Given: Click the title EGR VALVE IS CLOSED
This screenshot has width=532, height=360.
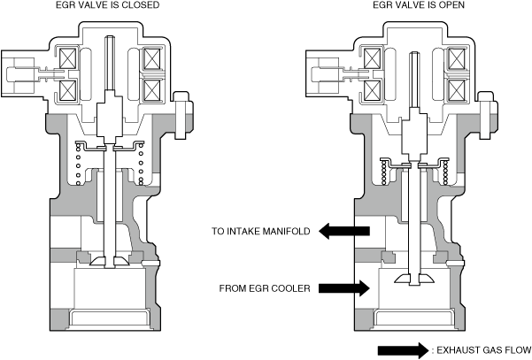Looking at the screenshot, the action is pyautogui.click(x=108, y=4).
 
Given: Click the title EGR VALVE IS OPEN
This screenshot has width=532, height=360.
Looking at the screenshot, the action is pyautogui.click(x=419, y=4).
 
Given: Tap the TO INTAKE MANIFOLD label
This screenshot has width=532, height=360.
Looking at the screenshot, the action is pyautogui.click(x=261, y=231).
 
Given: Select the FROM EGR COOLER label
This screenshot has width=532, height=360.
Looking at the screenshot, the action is pyautogui.click(x=265, y=288).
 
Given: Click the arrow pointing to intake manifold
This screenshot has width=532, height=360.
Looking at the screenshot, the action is pyautogui.click(x=344, y=231).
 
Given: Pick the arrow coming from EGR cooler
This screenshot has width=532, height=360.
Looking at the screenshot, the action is pyautogui.click(x=344, y=288).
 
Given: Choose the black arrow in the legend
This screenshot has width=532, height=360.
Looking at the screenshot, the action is pyautogui.click(x=404, y=350).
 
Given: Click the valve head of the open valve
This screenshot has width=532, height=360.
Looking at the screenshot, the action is pyautogui.click(x=414, y=279).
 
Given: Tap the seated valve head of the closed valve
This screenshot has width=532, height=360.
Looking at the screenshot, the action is pyautogui.click(x=110, y=261).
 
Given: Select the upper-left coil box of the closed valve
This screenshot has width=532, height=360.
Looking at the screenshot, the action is pyautogui.click(x=68, y=58).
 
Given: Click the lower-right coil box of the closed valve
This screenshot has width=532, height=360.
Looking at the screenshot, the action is pyautogui.click(x=151, y=90).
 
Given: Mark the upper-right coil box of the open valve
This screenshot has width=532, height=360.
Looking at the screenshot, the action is pyautogui.click(x=457, y=58).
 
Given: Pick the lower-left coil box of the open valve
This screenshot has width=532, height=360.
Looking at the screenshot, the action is pyautogui.click(x=373, y=90).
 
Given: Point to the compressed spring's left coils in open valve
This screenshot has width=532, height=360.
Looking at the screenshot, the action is pyautogui.click(x=384, y=173).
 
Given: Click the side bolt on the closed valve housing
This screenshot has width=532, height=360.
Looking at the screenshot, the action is pyautogui.click(x=183, y=115).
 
